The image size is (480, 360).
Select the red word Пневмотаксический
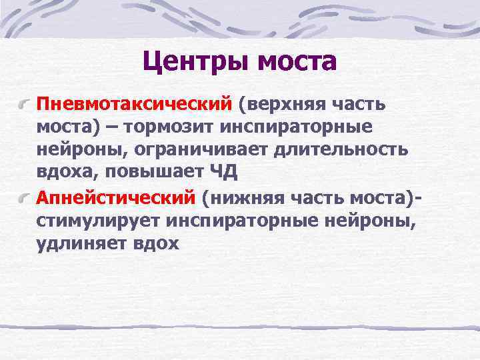(x=133, y=104)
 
